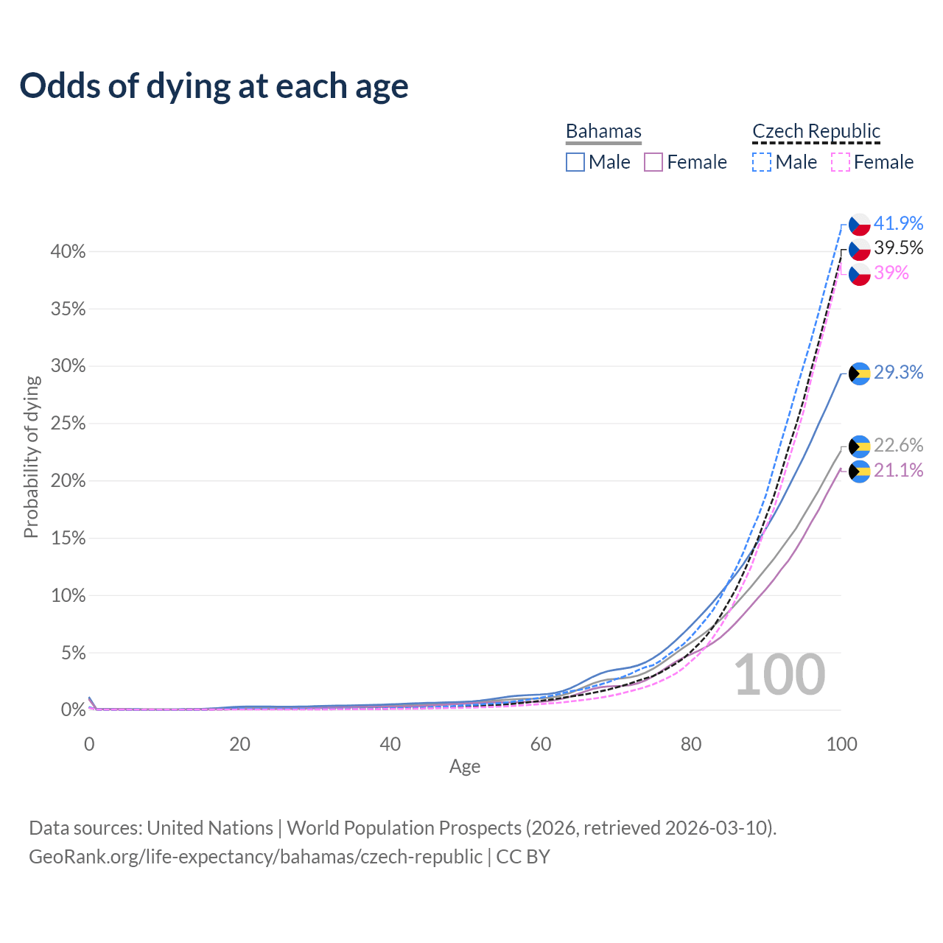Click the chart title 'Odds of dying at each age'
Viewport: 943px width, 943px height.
pyautogui.click(x=214, y=86)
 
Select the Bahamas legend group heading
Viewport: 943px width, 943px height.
pyautogui.click(x=603, y=131)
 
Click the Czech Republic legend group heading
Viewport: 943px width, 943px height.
pyautogui.click(x=816, y=131)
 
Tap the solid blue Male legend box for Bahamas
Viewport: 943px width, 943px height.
pyautogui.click(x=575, y=162)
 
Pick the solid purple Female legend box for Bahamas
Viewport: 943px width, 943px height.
pyautogui.click(x=653, y=162)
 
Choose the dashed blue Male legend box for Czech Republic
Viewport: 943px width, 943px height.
pyautogui.click(x=762, y=162)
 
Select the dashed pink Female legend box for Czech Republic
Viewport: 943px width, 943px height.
pyautogui.click(x=840, y=162)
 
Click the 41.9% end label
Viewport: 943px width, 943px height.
pyautogui.click(x=898, y=223)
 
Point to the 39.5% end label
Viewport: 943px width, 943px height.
pyautogui.click(x=898, y=248)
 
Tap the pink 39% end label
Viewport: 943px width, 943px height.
pyautogui.click(x=891, y=273)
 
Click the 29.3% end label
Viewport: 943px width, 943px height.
pyautogui.click(x=898, y=373)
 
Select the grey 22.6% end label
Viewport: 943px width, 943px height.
pyautogui.click(x=898, y=446)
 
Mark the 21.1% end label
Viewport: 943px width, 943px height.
pyautogui.click(x=898, y=471)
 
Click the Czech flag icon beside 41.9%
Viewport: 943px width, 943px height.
pyautogui.click(x=860, y=224)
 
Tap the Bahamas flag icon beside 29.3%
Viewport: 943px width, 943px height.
pyautogui.click(x=860, y=374)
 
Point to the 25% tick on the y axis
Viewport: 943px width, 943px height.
pyautogui.click(x=68, y=424)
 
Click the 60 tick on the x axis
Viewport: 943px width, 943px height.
pyautogui.click(x=541, y=744)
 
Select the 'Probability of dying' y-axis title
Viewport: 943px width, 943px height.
pyautogui.click(x=31, y=457)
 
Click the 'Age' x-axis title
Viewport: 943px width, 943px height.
pyautogui.click(x=465, y=767)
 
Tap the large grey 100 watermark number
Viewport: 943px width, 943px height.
pyautogui.click(x=779, y=675)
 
